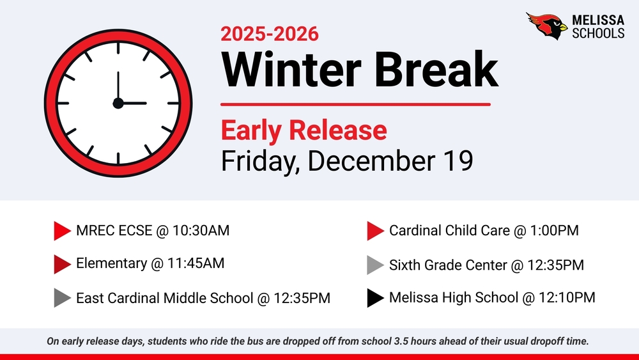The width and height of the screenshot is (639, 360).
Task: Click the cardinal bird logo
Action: coord(546,26)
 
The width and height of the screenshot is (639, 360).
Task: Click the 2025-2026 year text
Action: coord(269,33)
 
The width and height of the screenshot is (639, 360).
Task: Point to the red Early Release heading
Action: coord(304,130)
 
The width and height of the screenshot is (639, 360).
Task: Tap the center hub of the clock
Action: coord(118,103)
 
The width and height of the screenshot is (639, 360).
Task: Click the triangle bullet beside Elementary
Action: coord(62,263)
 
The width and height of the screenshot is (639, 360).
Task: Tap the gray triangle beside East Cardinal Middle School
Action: coord(62,298)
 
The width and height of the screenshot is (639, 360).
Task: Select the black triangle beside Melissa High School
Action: coord(375,297)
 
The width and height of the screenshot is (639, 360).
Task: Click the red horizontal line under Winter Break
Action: coord(355,104)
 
